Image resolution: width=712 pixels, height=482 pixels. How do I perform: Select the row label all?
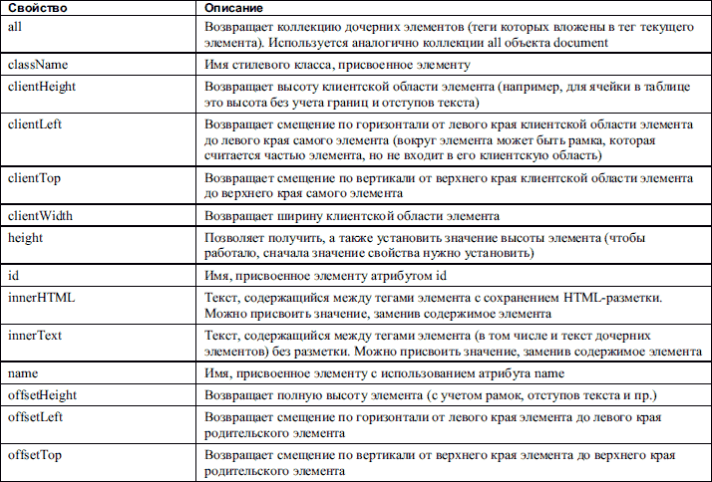click(x=14, y=25)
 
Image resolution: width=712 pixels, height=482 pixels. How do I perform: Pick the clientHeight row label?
click(x=42, y=87)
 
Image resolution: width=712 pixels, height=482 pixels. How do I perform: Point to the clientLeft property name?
click(x=36, y=124)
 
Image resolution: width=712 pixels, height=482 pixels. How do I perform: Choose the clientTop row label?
click(x=35, y=178)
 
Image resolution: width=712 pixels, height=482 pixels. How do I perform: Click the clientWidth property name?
click(x=40, y=216)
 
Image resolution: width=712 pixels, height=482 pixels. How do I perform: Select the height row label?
click(x=24, y=238)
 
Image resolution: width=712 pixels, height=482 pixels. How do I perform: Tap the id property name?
click(x=12, y=274)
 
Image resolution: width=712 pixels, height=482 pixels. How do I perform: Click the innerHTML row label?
click(x=41, y=296)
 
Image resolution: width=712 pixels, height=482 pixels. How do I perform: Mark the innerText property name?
click(x=35, y=336)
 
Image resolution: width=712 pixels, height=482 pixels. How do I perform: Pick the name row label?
click(x=22, y=372)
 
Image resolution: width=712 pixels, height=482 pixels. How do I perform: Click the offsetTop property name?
click(x=36, y=454)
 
